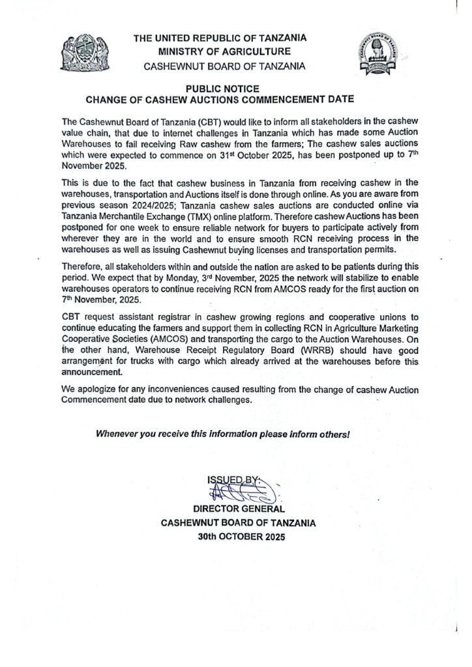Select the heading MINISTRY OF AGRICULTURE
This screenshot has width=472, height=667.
tap(222, 51)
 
